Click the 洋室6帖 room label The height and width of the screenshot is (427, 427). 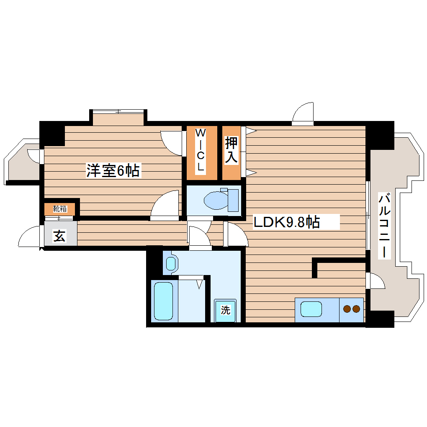coord(113,171)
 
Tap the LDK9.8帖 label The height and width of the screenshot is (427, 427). coord(287,222)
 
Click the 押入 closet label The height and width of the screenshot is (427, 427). coord(232,150)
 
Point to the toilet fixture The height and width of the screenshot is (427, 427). coord(220,200)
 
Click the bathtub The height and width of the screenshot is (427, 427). coord(163,301)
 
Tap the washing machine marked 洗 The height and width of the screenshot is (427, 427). coord(226,310)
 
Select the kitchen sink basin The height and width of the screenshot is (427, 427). coord(311,309)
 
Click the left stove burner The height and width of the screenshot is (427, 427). coord(347,309)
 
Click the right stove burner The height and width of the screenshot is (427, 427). coord(356,309)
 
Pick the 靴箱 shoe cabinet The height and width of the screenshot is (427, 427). coord(60,208)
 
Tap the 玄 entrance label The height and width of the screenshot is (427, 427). coord(59,236)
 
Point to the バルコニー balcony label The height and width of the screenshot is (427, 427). coord(385,226)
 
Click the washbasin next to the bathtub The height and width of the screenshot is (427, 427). coord(170,263)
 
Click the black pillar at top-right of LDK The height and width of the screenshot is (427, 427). coord(380,135)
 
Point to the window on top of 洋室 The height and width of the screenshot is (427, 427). coord(118,111)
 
